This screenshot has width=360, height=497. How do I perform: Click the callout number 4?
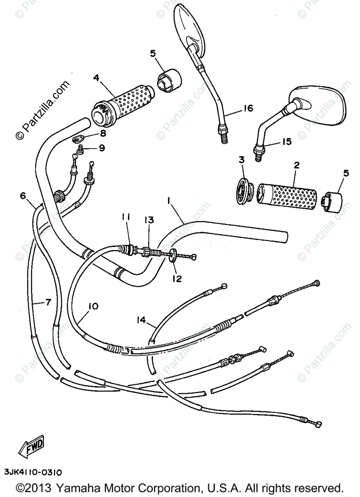pyautogui.click(x=96, y=77)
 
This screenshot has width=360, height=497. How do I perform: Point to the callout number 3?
pyautogui.click(x=241, y=160)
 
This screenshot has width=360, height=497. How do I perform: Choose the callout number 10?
pyautogui.click(x=94, y=306)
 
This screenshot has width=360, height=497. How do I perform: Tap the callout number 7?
pyautogui.click(x=47, y=302)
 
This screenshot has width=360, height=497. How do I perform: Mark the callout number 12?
pyautogui.click(x=177, y=279)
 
